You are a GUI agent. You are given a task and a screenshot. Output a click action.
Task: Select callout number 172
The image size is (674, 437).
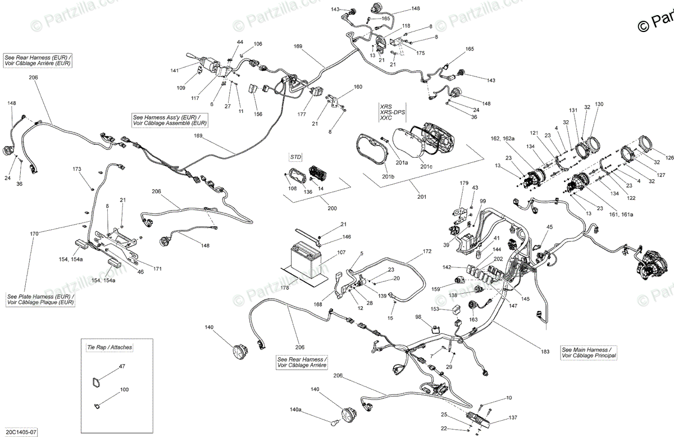427,251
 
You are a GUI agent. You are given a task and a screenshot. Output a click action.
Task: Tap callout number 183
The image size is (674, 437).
545,352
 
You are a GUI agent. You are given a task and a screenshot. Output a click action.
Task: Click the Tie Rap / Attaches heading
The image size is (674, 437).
106,347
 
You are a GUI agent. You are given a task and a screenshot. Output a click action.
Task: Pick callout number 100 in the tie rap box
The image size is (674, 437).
124,389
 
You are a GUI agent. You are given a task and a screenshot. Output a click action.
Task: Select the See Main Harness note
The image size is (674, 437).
589,352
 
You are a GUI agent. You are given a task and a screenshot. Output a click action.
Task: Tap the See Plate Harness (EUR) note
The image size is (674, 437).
40,299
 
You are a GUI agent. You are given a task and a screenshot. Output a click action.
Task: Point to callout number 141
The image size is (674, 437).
175,70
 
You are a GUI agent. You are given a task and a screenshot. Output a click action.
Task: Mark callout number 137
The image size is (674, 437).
512,417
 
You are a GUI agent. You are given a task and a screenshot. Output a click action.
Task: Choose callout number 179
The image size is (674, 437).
464,183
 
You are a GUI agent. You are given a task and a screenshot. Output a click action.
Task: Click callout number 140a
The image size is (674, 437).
295,411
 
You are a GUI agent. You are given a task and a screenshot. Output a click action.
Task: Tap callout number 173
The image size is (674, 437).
77,169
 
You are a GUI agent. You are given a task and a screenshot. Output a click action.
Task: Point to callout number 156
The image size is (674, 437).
258,114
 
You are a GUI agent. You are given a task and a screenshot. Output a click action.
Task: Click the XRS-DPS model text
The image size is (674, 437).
392,112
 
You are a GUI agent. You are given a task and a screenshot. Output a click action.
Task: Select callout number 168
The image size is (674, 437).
318,305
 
